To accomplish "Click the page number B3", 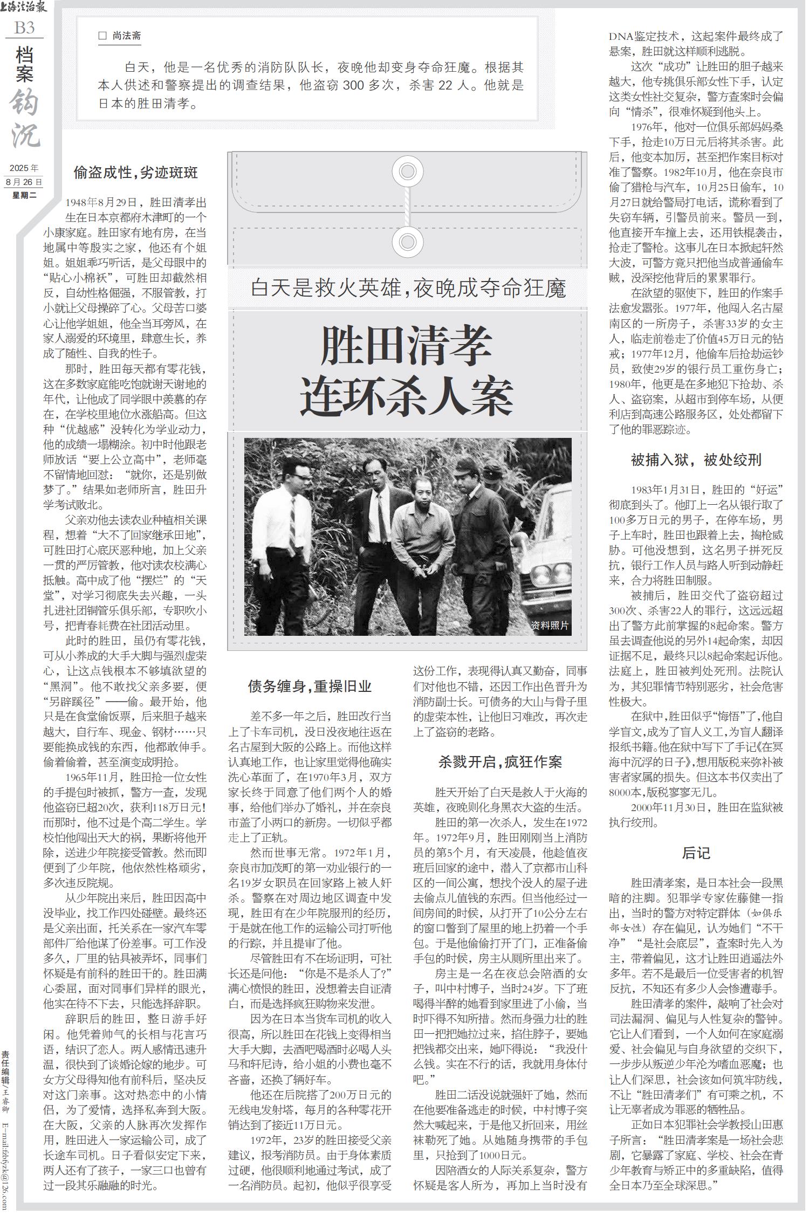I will [x=24, y=27].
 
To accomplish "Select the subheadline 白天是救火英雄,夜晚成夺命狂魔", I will [x=408, y=289].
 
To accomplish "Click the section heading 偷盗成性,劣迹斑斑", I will [x=135, y=173].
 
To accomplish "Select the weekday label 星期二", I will [x=24, y=195].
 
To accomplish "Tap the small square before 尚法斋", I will [x=103, y=36].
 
